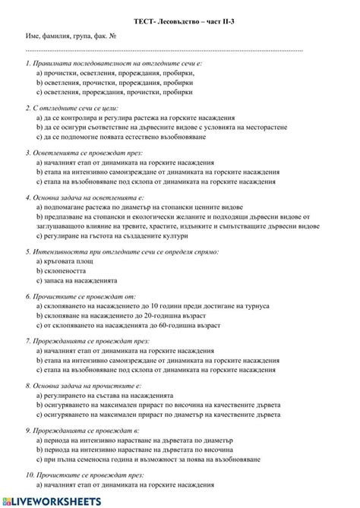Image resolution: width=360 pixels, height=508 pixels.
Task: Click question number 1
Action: point(28,64)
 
